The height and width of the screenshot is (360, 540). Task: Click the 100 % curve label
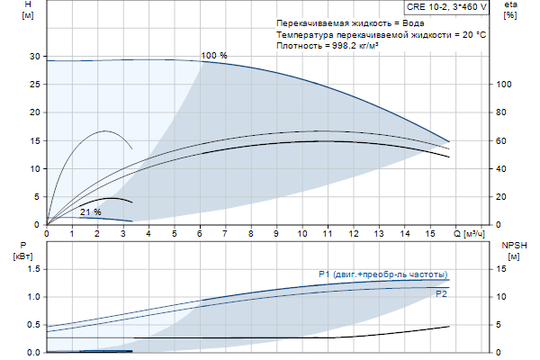tap(214, 56)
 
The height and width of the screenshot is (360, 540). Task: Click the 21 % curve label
tap(90, 212)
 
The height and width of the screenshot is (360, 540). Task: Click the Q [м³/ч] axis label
tap(469, 234)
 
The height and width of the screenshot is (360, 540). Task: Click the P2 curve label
tap(442, 294)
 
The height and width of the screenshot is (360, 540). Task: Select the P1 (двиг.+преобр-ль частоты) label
tap(382, 274)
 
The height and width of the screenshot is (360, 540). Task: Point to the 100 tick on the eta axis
tap(505, 85)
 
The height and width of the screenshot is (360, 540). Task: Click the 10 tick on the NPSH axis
tap(503, 297)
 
